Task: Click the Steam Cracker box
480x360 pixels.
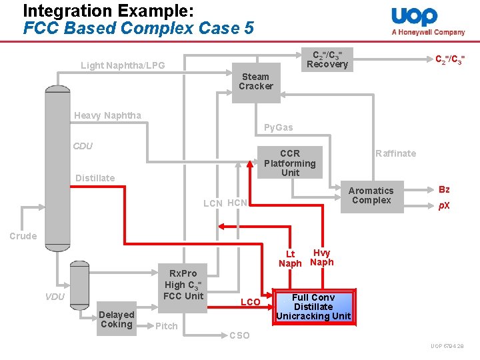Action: (x=256, y=82)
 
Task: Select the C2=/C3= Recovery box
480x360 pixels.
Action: (x=327, y=59)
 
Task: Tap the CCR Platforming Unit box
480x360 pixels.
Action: (x=290, y=163)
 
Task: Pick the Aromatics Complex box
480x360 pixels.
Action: (x=372, y=196)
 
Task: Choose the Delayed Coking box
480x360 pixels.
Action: (x=116, y=319)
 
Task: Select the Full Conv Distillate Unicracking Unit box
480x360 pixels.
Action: (x=313, y=307)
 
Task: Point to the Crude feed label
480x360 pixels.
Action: (x=23, y=235)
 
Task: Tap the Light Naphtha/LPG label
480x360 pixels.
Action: (x=123, y=65)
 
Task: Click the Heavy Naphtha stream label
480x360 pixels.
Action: (x=107, y=115)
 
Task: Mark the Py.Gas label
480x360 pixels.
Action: (x=278, y=127)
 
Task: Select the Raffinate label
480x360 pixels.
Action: (x=395, y=153)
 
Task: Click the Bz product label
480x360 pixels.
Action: (x=444, y=190)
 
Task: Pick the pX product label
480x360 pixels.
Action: (x=444, y=205)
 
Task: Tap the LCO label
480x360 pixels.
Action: (x=250, y=303)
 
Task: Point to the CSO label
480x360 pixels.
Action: (x=239, y=335)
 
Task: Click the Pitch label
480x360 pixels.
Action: (x=166, y=326)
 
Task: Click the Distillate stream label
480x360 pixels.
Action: (x=95, y=178)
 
